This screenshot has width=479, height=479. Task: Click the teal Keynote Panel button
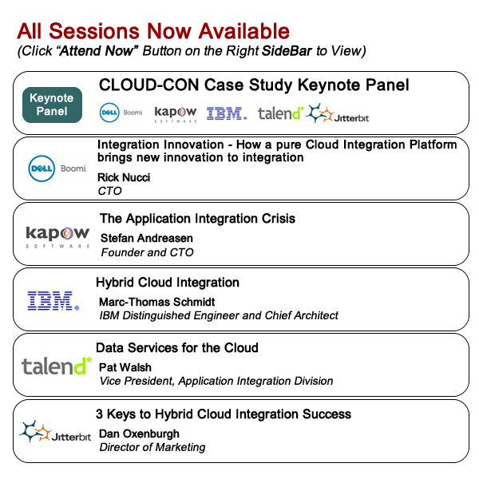(52, 105)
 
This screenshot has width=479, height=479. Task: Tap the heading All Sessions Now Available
(153, 31)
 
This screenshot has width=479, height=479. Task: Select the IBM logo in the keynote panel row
(227, 113)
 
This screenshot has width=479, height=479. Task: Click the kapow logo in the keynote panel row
(176, 114)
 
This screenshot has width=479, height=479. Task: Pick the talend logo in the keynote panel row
(281, 113)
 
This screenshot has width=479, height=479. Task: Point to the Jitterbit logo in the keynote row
(337, 113)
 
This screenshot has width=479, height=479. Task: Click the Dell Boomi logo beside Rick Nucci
(57, 168)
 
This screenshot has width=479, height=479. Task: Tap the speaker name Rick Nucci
(124, 177)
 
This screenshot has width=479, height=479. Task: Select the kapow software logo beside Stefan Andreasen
(57, 237)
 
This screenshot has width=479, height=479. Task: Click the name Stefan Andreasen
(147, 238)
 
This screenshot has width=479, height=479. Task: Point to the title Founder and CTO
(147, 252)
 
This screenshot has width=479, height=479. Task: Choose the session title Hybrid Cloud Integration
(168, 283)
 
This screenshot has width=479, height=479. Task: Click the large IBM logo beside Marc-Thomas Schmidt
(53, 301)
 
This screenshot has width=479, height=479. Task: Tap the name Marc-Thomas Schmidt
(157, 302)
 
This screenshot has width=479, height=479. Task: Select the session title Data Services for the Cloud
(177, 348)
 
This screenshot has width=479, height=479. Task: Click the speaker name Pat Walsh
(125, 367)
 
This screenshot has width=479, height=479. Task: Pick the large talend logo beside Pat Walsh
(57, 366)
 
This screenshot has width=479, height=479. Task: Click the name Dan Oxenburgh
(139, 433)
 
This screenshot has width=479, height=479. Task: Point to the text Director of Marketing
(152, 447)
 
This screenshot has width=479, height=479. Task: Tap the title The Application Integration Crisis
(197, 219)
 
